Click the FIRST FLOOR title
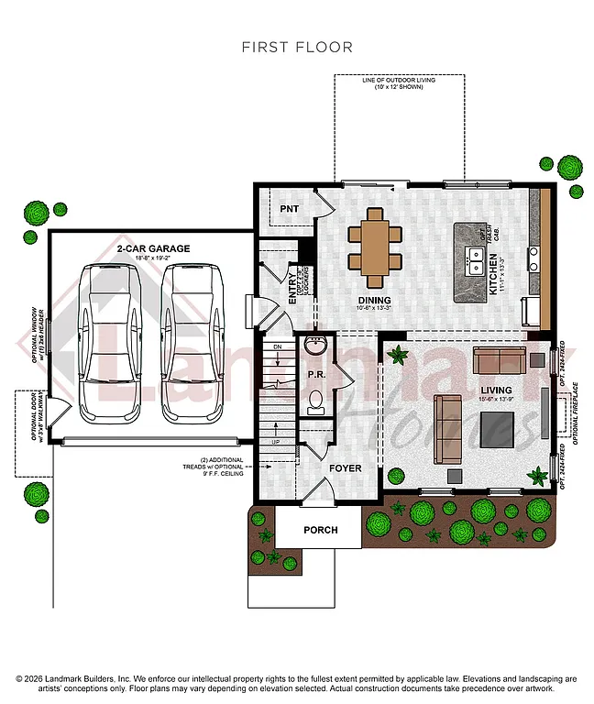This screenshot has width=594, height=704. (297, 47)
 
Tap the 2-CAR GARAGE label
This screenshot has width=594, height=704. (153, 248)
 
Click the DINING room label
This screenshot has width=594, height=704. (374, 301)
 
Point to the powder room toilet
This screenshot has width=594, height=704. (316, 399)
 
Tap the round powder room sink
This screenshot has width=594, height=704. (316, 347)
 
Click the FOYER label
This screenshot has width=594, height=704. (346, 468)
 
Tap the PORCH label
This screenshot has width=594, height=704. (321, 530)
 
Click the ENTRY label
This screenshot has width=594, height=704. (292, 288)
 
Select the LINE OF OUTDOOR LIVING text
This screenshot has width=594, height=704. (399, 81)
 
